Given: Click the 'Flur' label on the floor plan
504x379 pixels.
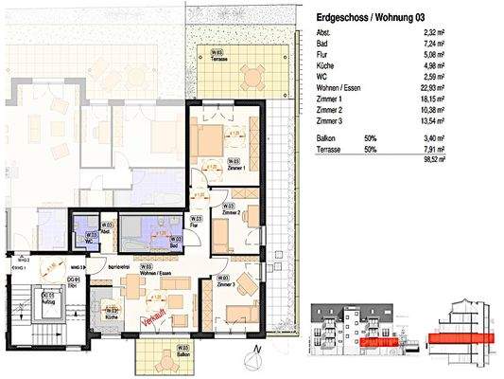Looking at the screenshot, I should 192,226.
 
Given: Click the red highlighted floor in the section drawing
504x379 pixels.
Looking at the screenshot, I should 460,337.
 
